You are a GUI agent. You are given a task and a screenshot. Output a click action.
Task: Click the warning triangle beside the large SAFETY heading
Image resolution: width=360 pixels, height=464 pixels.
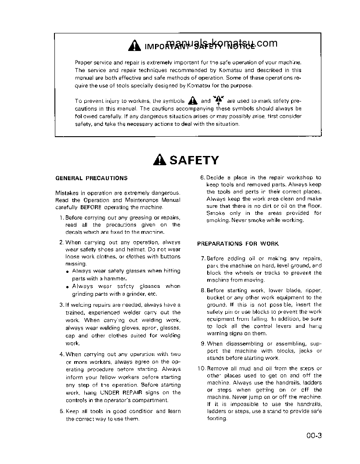point(160,160)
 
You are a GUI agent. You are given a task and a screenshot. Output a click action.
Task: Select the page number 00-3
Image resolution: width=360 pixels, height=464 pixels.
point(314,436)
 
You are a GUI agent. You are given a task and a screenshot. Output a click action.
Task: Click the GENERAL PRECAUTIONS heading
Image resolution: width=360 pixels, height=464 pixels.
point(91,178)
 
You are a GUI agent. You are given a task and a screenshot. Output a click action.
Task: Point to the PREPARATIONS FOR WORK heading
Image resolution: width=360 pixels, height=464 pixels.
point(238,243)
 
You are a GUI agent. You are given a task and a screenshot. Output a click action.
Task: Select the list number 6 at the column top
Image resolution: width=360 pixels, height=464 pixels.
point(202,178)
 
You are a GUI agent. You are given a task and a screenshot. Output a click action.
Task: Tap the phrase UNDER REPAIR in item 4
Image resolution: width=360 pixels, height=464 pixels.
point(119,392)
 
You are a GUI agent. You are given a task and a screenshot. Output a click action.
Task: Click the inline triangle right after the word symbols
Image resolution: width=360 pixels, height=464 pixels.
point(192,100)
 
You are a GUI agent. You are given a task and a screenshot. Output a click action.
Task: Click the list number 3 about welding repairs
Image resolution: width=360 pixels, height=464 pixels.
point(61,305)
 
